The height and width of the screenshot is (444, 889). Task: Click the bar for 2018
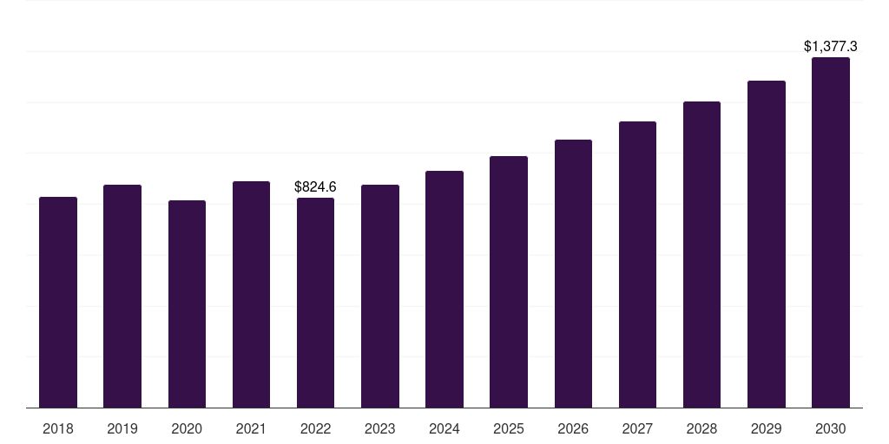click(x=58, y=303)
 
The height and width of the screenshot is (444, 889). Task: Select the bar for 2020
click(x=188, y=304)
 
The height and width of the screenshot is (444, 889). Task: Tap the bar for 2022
click(x=315, y=303)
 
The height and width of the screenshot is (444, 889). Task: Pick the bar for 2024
click(x=444, y=290)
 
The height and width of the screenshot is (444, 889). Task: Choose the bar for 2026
click(x=573, y=273)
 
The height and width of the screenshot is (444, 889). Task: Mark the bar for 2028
click(x=701, y=255)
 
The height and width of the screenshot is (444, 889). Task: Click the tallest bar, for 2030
click(x=831, y=232)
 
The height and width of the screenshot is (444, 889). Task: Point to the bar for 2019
click(x=122, y=297)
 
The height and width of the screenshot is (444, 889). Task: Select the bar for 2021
click(x=251, y=295)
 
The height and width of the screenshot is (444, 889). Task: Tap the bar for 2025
click(x=509, y=282)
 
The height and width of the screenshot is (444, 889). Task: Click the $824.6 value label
click(x=315, y=187)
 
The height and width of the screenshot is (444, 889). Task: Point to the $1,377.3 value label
click(x=831, y=47)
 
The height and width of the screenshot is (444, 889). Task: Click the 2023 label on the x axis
click(x=380, y=428)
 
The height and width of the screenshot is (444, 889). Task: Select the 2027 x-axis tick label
click(x=637, y=428)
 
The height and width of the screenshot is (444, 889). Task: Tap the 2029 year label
click(x=767, y=428)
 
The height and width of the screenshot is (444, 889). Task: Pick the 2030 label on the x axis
click(x=831, y=428)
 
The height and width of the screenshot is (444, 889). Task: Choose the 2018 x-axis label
click(x=58, y=428)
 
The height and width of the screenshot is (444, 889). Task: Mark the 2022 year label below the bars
click(x=315, y=428)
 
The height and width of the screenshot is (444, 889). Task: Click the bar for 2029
click(x=767, y=245)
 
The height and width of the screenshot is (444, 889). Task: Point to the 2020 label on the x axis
click(x=188, y=428)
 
